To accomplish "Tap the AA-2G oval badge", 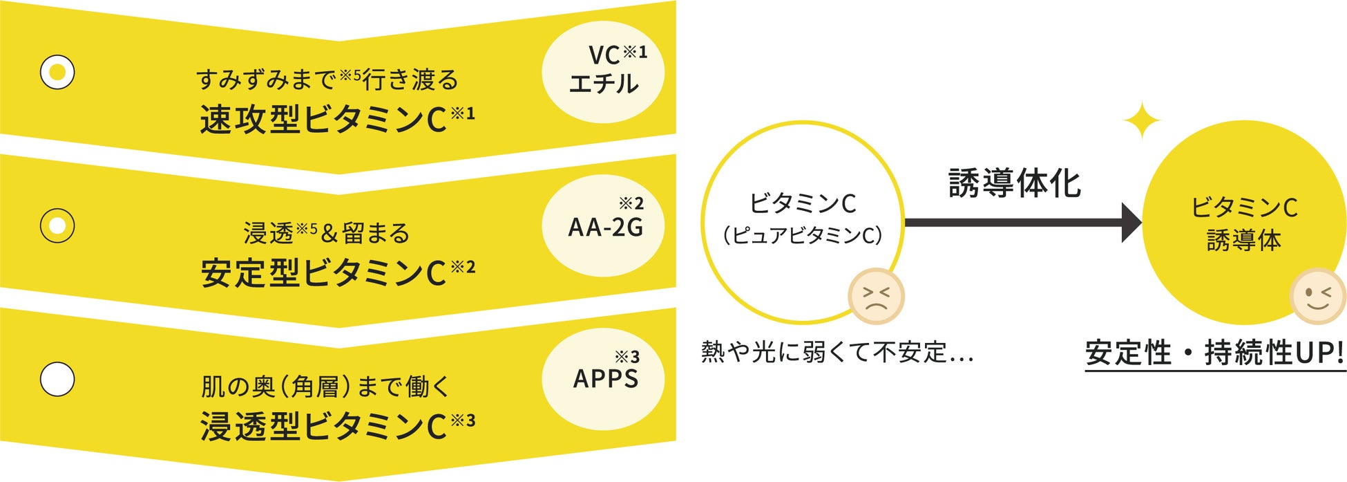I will tap(603, 225).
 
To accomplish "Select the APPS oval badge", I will tap(603, 379).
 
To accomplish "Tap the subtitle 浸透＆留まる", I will tap(327, 232).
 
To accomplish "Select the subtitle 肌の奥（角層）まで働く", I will tap(325, 386).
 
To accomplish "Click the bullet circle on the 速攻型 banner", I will tap(57, 72).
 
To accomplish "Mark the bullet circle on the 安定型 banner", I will tap(57, 225).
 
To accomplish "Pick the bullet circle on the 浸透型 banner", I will tap(57, 379).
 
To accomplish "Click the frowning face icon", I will tap(876, 296).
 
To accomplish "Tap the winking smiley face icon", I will tap(1317, 296).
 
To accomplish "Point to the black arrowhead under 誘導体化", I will tap(1130, 223).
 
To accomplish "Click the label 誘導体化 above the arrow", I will tap(1014, 183).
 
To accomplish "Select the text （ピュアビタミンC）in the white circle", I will tap(803, 236).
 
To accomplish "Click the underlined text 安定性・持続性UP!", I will tap(1215, 353).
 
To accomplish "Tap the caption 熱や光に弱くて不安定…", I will tap(837, 352).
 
